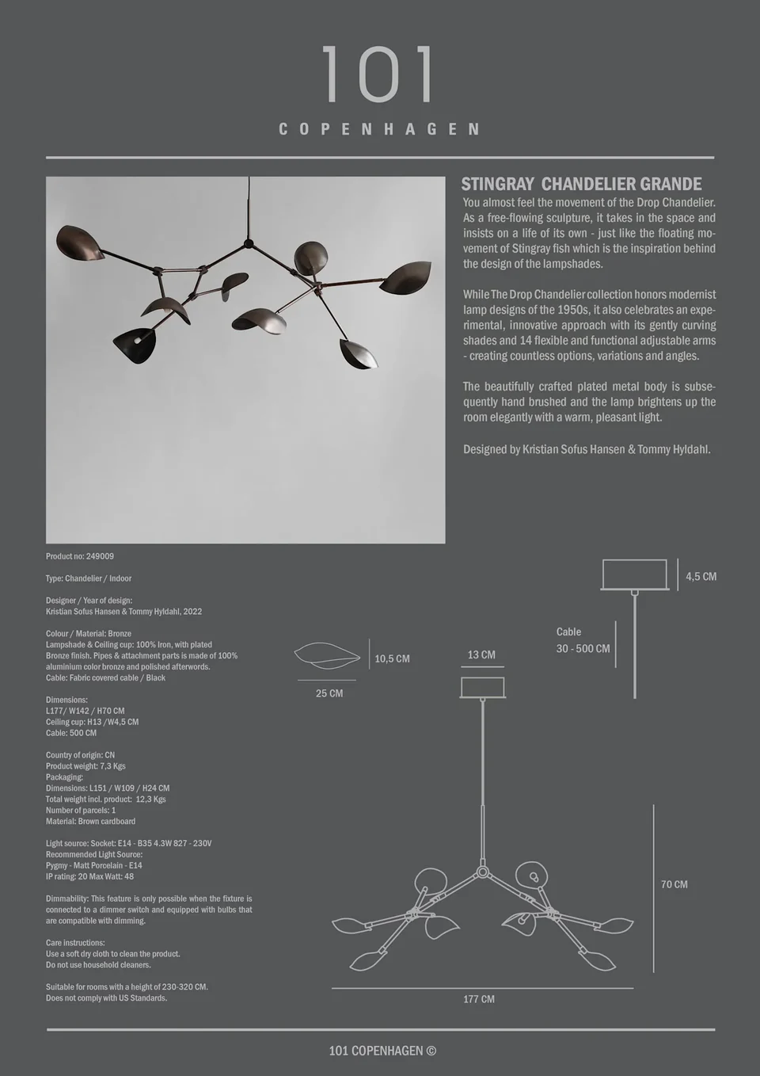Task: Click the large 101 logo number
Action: click(378, 74)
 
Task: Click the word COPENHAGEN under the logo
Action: click(379, 129)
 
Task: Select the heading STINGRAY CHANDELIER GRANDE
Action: click(581, 185)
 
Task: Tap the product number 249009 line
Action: click(80, 556)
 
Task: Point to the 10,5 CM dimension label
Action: click(392, 658)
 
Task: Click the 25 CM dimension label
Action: click(329, 693)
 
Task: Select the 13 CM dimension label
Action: click(481, 654)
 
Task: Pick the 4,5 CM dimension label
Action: click(701, 577)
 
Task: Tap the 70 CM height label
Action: click(674, 884)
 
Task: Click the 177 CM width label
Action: click(479, 999)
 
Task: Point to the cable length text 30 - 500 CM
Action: click(583, 648)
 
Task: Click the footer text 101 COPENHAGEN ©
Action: click(382, 1051)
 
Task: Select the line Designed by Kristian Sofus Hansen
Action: click(587, 449)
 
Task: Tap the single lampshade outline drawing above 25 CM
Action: click(327, 655)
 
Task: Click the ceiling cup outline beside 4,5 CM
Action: click(634, 574)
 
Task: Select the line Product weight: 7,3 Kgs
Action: click(85, 766)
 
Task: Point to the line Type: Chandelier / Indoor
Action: click(89, 578)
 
